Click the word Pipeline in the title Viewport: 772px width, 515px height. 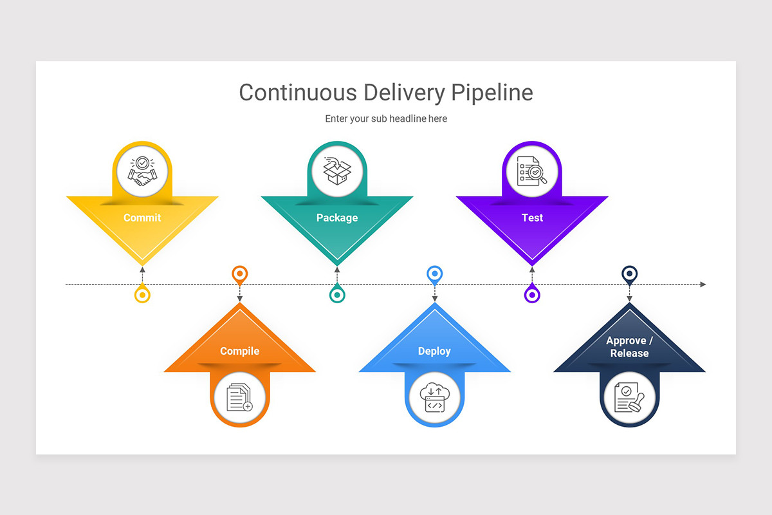pos(492,93)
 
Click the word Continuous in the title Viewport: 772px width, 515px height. pos(298,93)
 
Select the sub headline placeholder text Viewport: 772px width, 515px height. pos(386,118)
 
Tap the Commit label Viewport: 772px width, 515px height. pos(142,218)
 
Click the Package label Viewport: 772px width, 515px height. pos(337,218)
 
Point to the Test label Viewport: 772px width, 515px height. pos(532,218)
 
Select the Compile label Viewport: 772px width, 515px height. pos(240,351)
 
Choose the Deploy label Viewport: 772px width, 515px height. pos(434,351)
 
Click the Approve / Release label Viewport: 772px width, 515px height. pos(629,347)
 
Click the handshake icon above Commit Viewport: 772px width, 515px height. pos(142,172)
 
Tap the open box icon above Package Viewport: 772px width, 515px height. pos(337,172)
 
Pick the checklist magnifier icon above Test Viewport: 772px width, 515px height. pos(532,172)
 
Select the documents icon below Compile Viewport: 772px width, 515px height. pos(240,397)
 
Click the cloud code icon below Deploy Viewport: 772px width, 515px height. pos(434,397)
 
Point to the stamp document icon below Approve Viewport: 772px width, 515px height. pos(629,397)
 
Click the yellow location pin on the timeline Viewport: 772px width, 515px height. pos(142,294)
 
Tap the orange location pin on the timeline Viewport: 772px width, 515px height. pos(240,275)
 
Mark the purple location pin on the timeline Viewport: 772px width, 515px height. pos(532,294)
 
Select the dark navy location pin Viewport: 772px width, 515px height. pos(629,275)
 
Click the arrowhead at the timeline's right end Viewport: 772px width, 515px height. pos(703,285)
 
